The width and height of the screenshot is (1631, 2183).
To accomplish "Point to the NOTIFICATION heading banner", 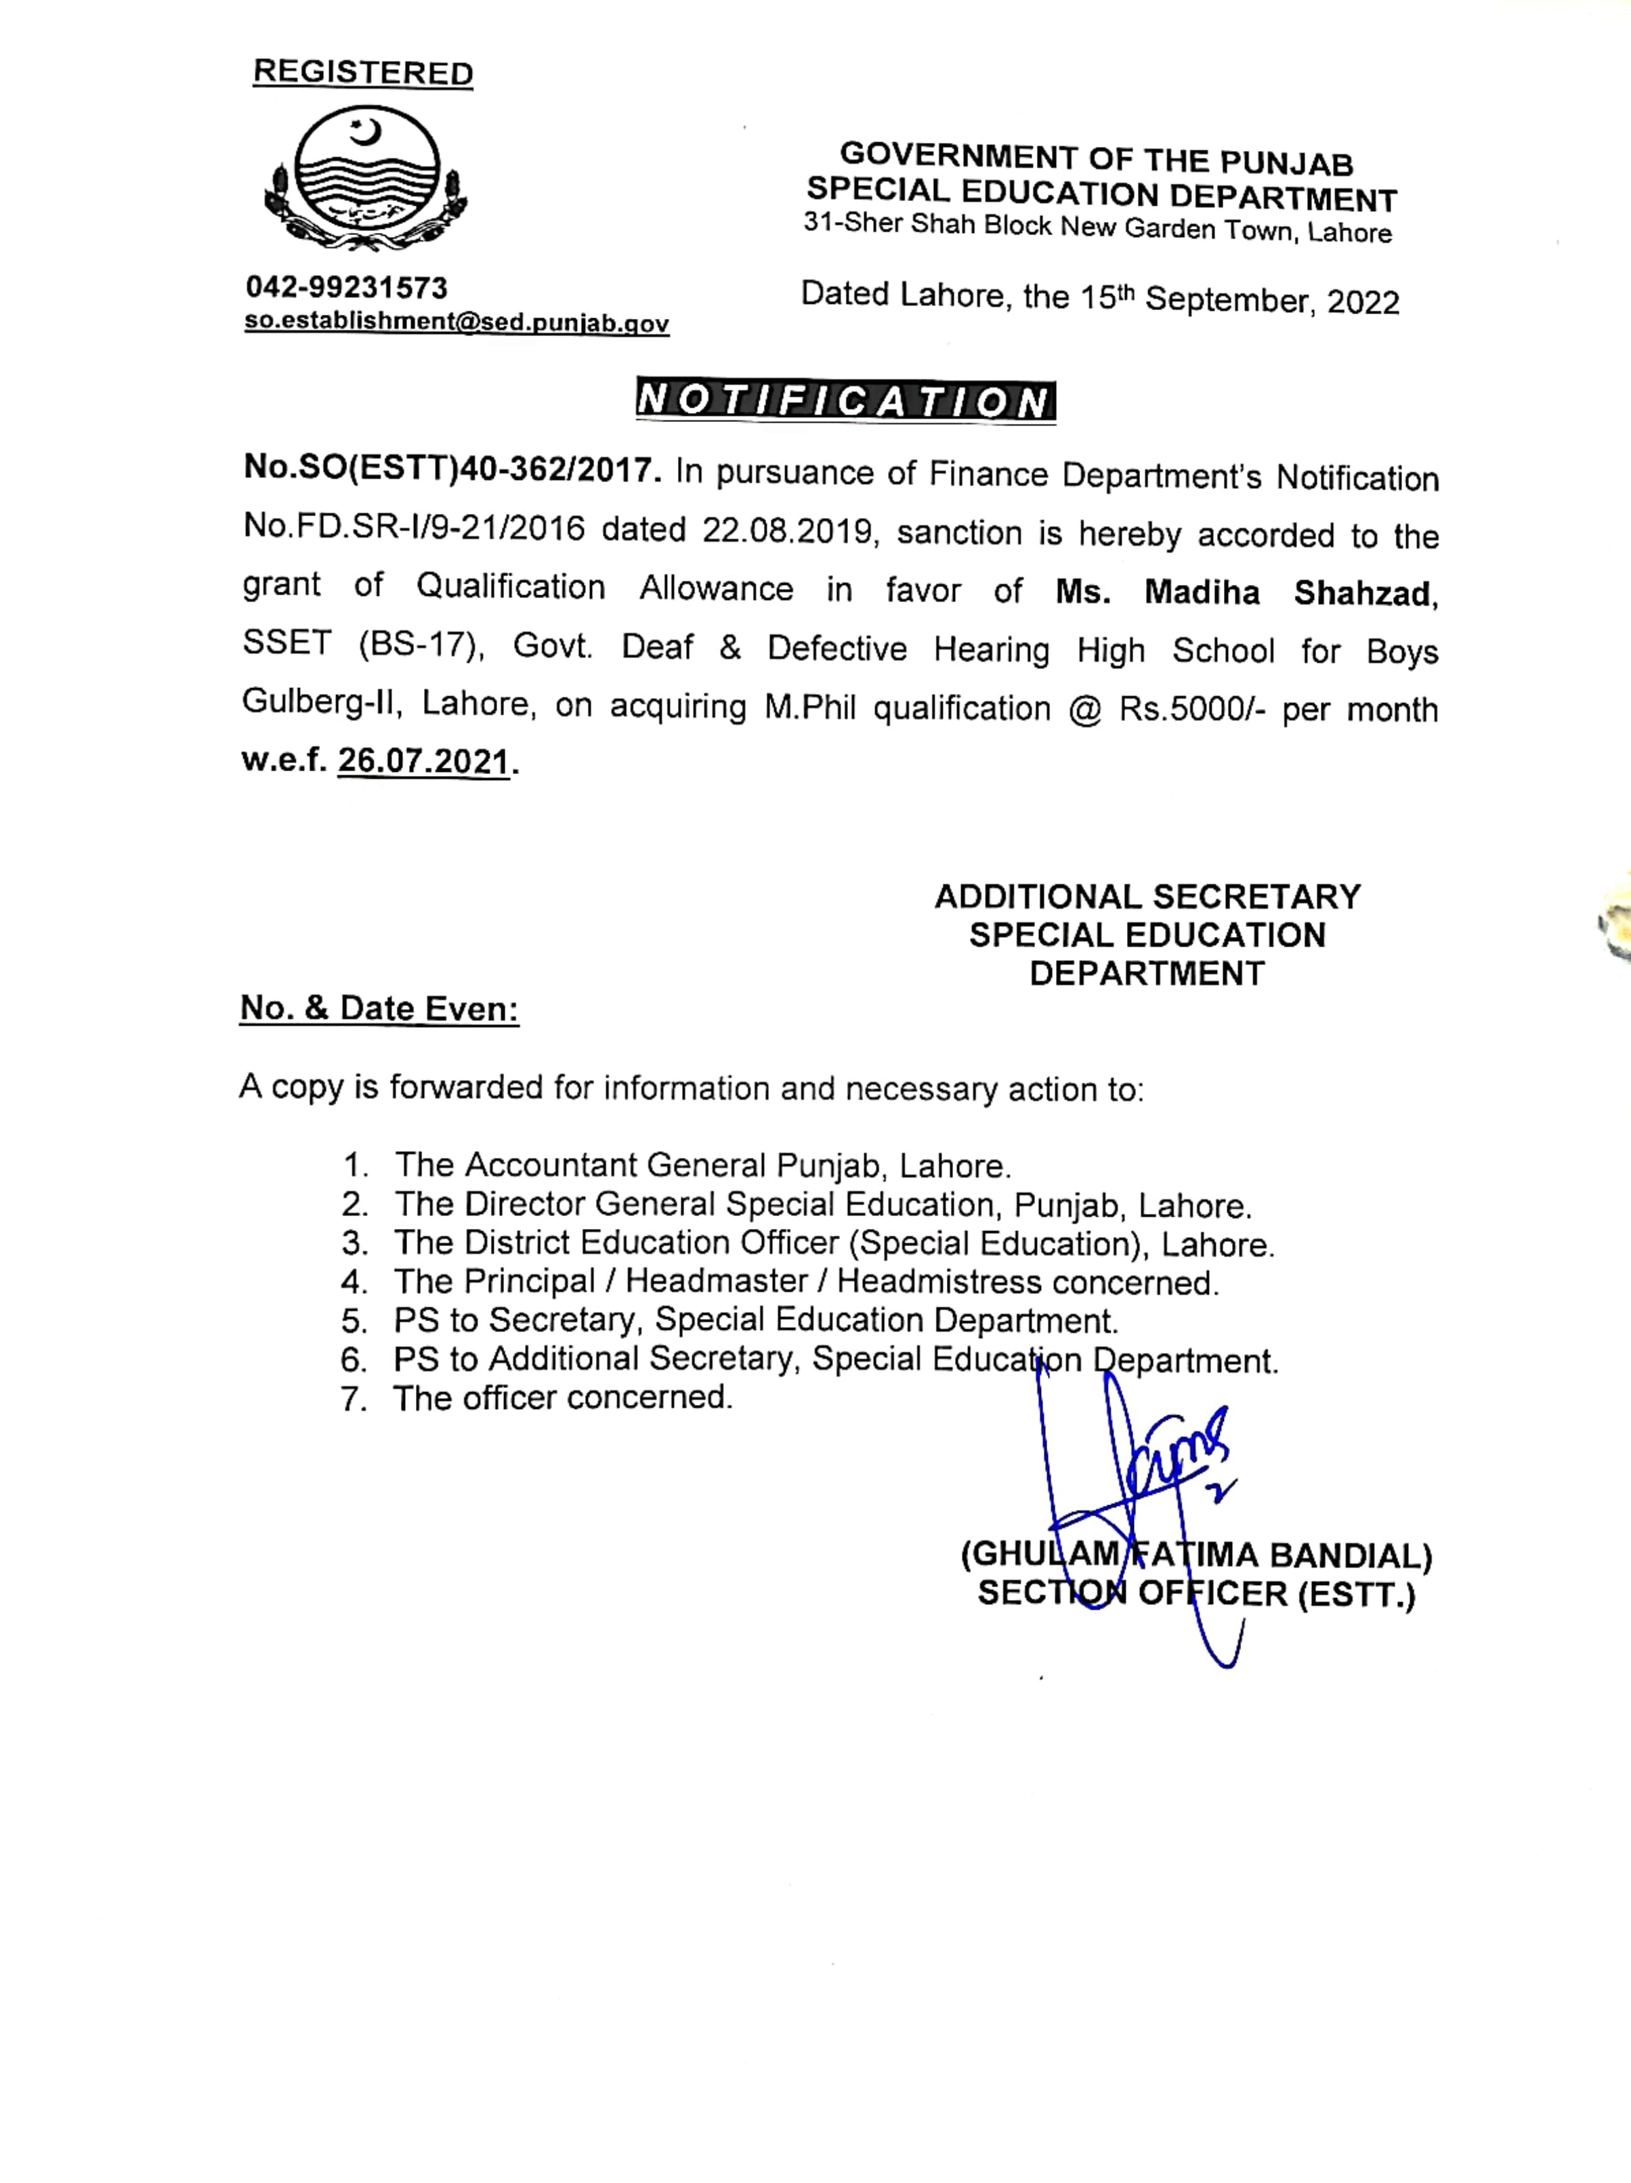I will pyautogui.click(x=845, y=401).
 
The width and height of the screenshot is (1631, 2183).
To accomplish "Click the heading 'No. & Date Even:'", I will pyautogui.click(x=379, y=1008).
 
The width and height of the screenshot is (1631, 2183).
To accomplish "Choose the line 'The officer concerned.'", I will pyautogui.click(x=562, y=1398).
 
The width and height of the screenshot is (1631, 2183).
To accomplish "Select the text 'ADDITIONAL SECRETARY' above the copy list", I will pyautogui.click(x=1147, y=896).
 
